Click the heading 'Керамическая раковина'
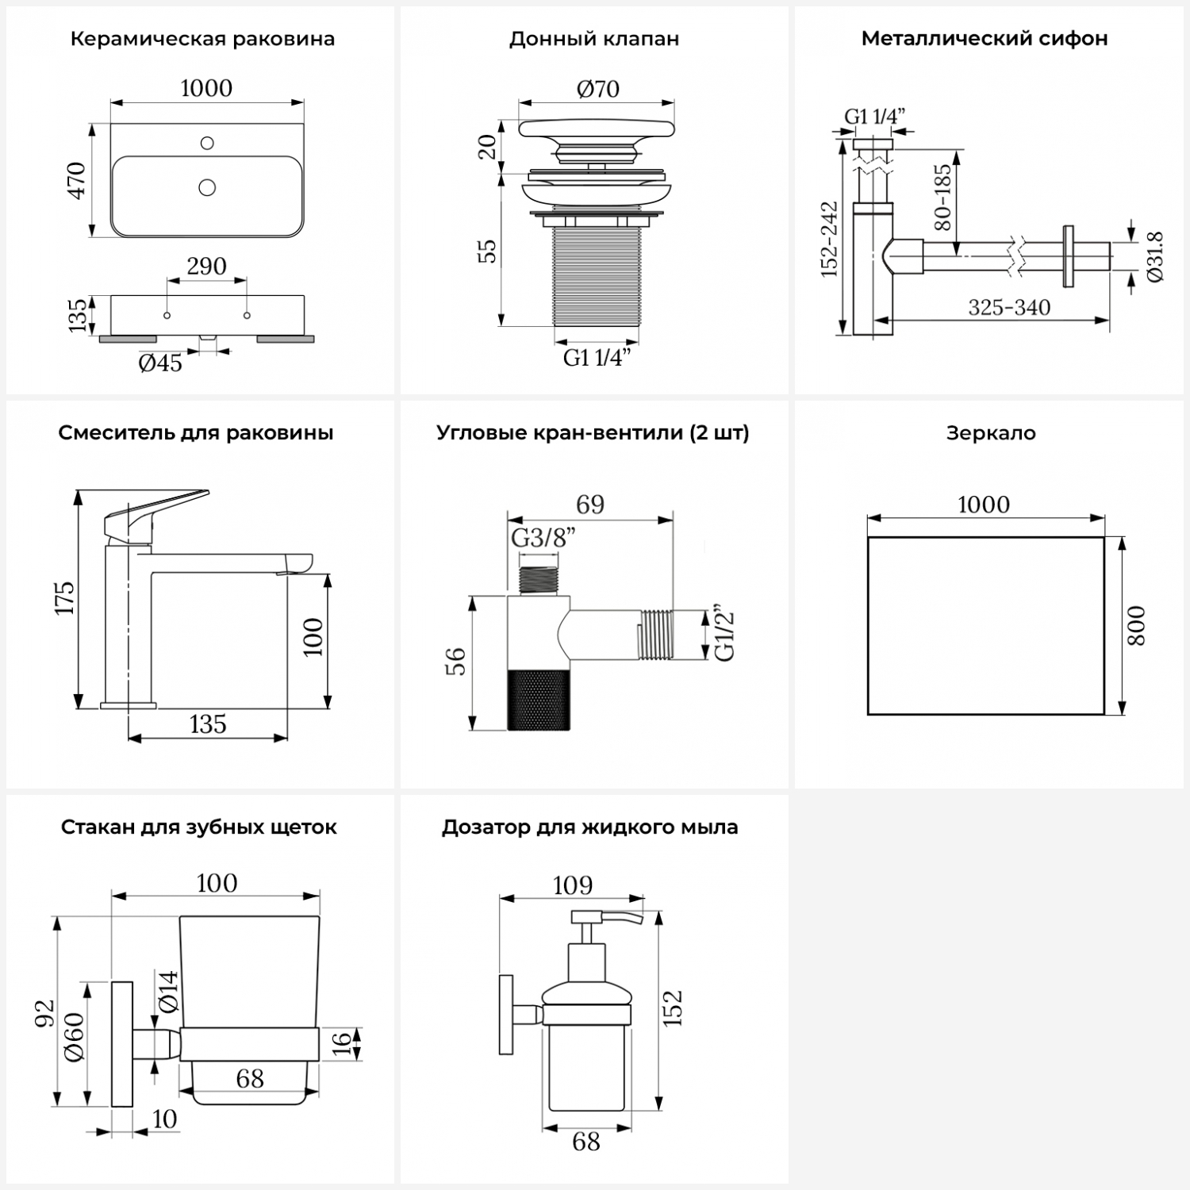[202, 39]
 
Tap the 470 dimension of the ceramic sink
[77, 180]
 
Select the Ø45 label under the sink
[160, 363]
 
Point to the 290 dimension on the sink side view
[206, 266]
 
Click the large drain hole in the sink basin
[207, 187]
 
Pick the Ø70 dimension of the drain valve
[597, 89]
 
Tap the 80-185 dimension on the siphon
[942, 197]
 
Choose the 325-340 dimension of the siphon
[1009, 307]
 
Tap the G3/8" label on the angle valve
[543, 538]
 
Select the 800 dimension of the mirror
[1136, 625]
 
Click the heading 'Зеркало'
[991, 433]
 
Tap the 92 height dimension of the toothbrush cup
[44, 1012]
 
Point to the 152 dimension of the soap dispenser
[672, 1008]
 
